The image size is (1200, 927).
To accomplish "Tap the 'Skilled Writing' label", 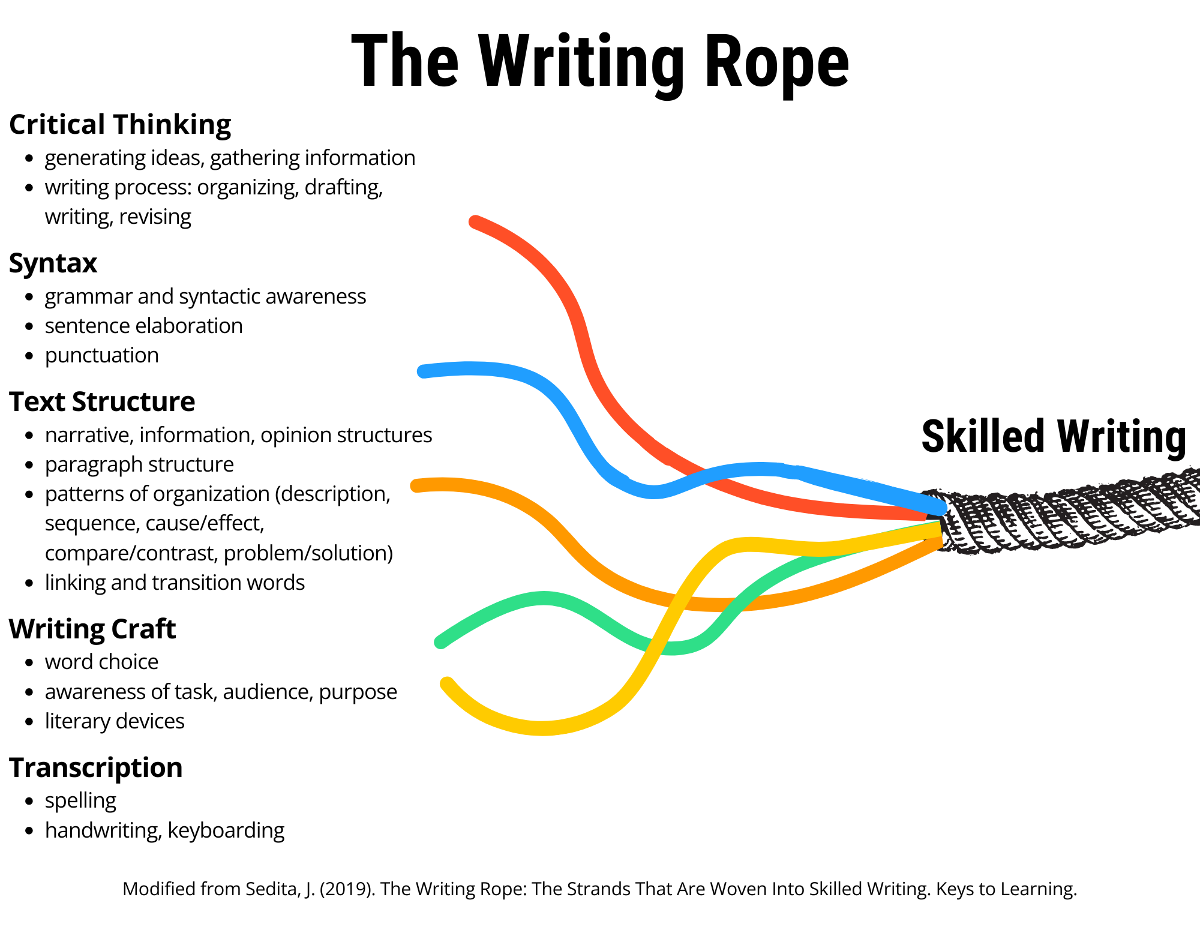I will (x=1054, y=436).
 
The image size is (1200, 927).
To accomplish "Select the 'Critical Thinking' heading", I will (x=120, y=125).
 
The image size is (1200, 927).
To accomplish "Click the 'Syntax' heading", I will (x=53, y=263).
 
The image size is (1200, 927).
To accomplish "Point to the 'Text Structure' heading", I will (x=102, y=402).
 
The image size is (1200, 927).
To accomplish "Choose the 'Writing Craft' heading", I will (x=92, y=629).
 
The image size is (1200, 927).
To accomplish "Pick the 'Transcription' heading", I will (x=96, y=768).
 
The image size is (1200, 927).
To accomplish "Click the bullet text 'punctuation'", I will (x=102, y=355).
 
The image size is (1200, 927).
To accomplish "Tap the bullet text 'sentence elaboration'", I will (x=144, y=326).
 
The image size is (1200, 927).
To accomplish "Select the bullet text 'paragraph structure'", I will (x=139, y=464).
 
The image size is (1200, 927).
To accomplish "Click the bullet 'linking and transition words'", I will (x=175, y=583).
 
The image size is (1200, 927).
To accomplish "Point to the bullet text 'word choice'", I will (x=102, y=662).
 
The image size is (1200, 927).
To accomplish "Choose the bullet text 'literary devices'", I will (x=115, y=721).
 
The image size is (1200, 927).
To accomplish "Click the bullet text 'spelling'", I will (x=80, y=800).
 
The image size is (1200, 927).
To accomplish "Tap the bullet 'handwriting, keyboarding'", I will (x=164, y=830).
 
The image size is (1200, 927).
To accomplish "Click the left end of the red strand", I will (x=475, y=221).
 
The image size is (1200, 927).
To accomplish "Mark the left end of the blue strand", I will (x=423, y=371).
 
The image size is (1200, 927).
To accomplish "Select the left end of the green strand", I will (x=440, y=642).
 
